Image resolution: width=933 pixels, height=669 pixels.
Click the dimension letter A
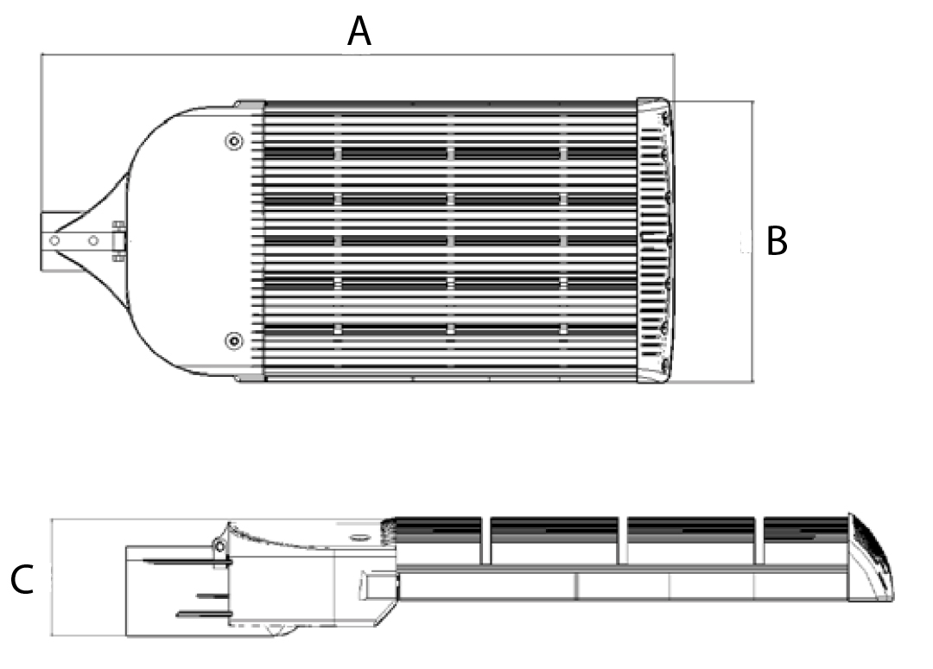pos(359,32)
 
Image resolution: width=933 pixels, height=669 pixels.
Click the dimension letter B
pos(777,242)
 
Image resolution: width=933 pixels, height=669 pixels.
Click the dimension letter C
pos(22,581)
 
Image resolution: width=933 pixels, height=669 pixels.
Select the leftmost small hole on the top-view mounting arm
pos(54,240)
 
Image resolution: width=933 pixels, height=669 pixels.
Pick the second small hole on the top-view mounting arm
pos(92,240)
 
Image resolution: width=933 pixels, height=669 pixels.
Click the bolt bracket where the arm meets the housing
pos(118,240)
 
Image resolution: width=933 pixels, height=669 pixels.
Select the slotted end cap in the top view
pos(655,240)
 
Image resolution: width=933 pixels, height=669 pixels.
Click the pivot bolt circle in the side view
pos(219,545)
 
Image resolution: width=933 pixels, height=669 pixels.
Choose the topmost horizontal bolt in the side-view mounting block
pos(181,562)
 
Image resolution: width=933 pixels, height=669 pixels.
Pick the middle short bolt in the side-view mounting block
pos(211,596)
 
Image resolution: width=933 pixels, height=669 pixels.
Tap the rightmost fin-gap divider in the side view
pos(759,539)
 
